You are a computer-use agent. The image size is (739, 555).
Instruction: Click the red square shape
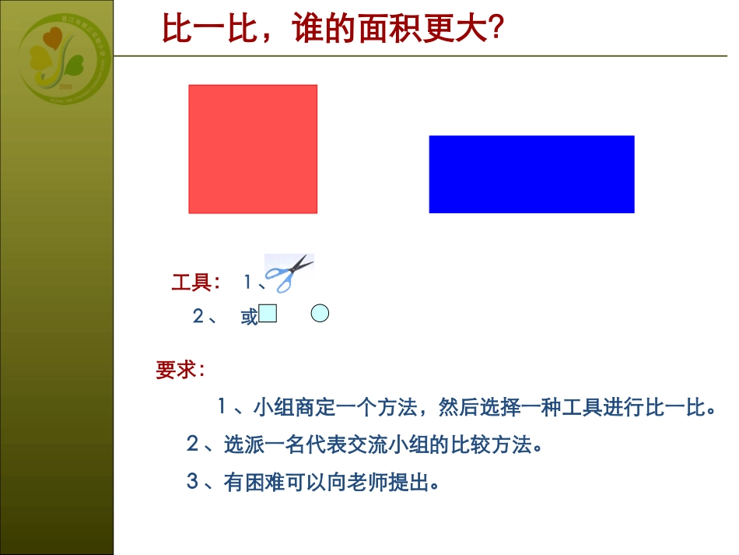coord(253,149)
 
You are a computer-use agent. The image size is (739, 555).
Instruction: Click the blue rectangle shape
coord(531,174)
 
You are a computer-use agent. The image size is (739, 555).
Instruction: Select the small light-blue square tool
coord(268,314)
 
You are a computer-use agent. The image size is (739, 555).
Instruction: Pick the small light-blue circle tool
coord(320,314)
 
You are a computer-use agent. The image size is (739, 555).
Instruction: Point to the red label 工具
coord(191,283)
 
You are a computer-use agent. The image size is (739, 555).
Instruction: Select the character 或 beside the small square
coord(249,317)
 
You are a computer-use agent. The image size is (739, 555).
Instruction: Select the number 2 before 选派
coord(192,445)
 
